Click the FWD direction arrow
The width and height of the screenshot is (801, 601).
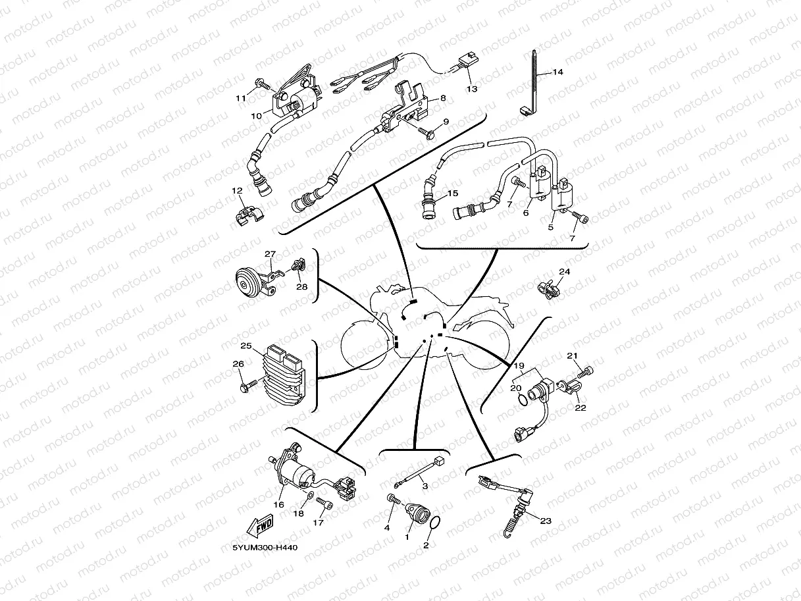click(x=260, y=525)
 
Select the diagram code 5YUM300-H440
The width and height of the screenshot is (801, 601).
click(x=265, y=548)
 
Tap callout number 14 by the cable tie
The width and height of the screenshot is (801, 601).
click(x=557, y=72)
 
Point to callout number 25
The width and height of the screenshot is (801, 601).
click(x=246, y=346)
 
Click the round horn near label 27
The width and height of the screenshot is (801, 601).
click(x=248, y=282)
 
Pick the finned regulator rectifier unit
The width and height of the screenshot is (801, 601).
click(x=283, y=375)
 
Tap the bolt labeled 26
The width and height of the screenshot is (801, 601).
click(x=249, y=386)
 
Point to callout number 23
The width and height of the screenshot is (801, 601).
click(x=546, y=521)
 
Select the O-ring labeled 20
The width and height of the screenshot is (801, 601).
click(x=523, y=401)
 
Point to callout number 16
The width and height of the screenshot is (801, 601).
click(x=279, y=505)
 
